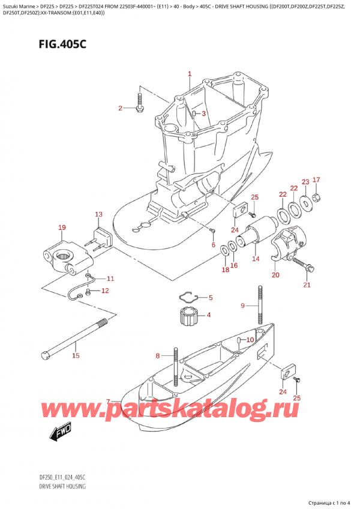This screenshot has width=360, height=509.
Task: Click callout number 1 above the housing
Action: click(x=189, y=74)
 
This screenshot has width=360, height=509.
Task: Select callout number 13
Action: click(x=98, y=214)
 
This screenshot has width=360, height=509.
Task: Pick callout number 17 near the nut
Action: click(x=316, y=179)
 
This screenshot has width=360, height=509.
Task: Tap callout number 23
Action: click(x=305, y=182)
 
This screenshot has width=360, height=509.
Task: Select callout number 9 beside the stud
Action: click(x=242, y=306)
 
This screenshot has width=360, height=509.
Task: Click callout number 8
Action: click(x=158, y=355)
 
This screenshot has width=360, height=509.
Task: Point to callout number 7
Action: click(x=108, y=402)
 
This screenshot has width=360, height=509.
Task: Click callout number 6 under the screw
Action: click(x=213, y=245)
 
